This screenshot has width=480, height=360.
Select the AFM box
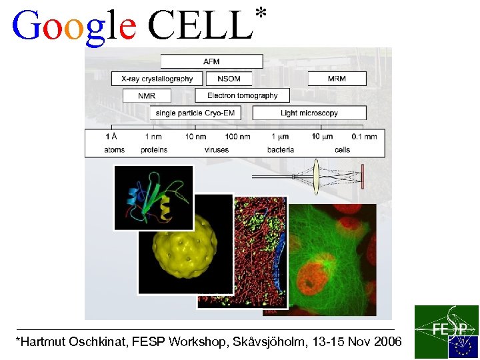(211, 61)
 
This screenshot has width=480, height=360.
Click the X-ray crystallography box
(157, 79)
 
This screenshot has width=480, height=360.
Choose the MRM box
(337, 79)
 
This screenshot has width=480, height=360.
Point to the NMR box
(147, 96)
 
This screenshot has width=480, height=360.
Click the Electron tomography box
(243, 95)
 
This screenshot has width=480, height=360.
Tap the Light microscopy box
(309, 113)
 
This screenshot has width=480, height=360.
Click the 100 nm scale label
(237, 137)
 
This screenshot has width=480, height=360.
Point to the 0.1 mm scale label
(364, 137)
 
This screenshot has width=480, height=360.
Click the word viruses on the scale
(216, 149)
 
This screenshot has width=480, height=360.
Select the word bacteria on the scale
(281, 149)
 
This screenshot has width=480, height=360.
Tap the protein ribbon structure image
(153, 198)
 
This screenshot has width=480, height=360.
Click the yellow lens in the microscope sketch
(317, 176)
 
